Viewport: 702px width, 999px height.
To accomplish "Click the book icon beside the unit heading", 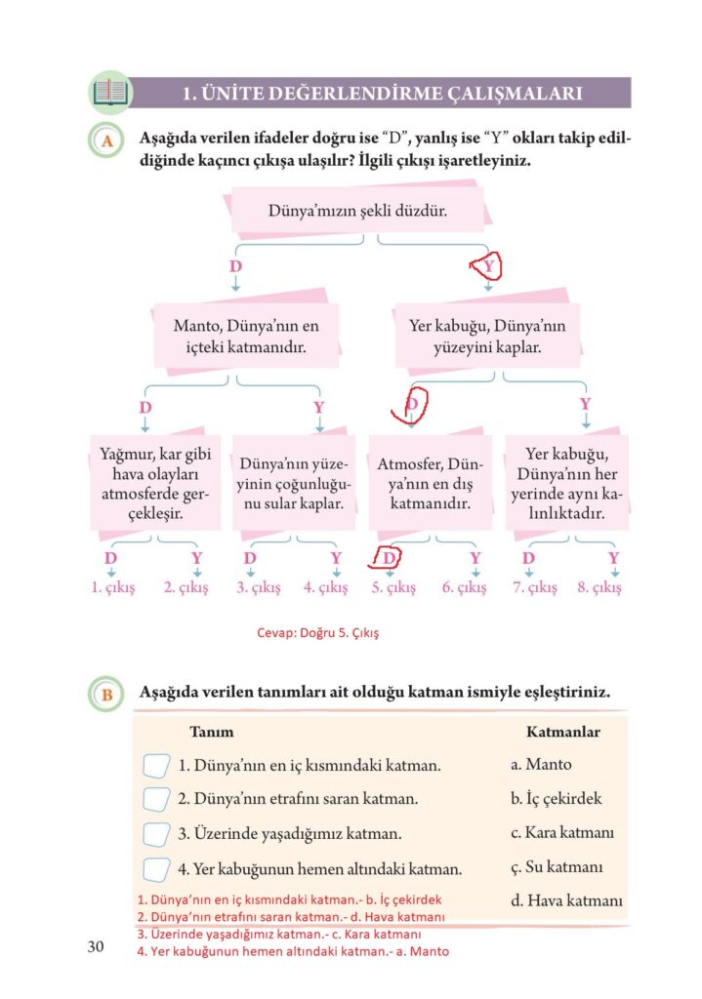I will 109,93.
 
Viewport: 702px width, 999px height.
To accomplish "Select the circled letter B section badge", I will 106,695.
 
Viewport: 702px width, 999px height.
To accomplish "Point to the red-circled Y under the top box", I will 489,265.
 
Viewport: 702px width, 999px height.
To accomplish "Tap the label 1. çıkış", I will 112,587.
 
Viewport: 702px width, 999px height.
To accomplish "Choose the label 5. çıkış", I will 393,587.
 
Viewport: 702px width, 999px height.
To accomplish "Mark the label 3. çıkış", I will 258,587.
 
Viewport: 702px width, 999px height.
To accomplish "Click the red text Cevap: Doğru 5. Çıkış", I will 317,632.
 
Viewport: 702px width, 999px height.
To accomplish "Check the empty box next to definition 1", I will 156,765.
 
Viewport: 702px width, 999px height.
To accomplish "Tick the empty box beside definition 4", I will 156,868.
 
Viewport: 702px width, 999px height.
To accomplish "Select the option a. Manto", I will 541,765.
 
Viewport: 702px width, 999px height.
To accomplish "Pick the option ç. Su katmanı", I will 557,866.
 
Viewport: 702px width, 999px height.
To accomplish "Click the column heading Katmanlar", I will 562,731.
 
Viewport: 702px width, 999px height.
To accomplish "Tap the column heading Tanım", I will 210,731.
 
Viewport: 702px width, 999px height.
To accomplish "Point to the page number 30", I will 96,947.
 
